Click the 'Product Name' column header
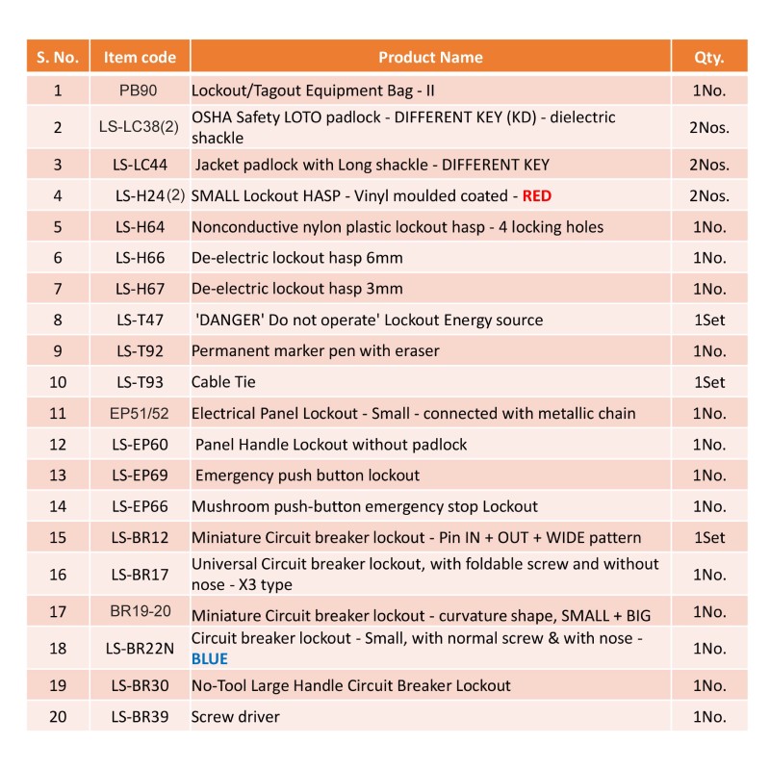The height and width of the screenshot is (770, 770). coord(430,58)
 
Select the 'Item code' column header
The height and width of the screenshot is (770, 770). coord(140,58)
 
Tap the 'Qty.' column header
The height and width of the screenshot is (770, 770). coord(708,58)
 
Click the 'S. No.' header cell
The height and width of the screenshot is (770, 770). coord(58,58)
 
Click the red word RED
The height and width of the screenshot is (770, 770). coord(537,196)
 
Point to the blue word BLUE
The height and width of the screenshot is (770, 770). coord(210,659)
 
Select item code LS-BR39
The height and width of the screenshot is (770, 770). coord(140,717)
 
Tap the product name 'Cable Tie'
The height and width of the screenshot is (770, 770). coord(223,382)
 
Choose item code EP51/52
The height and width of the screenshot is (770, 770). coord(140,414)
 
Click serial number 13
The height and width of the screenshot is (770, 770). coord(58,475)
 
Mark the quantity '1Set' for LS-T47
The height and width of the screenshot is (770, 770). coord(709,321)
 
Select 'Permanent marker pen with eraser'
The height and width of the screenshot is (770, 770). coord(316,351)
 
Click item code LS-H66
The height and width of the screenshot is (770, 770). coord(140,259)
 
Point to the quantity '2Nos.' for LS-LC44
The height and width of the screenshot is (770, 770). coord(709,165)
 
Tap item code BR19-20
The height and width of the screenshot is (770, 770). coord(140,611)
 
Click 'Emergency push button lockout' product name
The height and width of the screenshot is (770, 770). coord(307,475)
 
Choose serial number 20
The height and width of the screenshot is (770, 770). coord(58,717)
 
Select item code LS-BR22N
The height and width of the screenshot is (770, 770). coord(140,649)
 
